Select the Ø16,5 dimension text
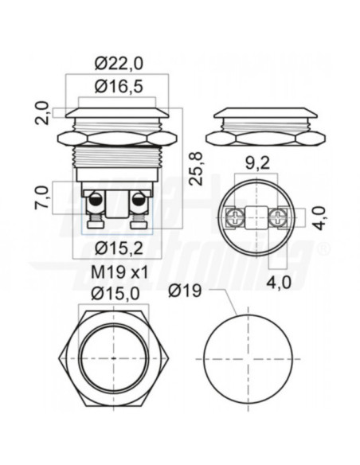(x=119, y=88)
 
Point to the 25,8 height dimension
(x=195, y=162)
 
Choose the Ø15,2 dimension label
(x=119, y=246)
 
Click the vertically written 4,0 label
(x=319, y=217)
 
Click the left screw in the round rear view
(x=235, y=217)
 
